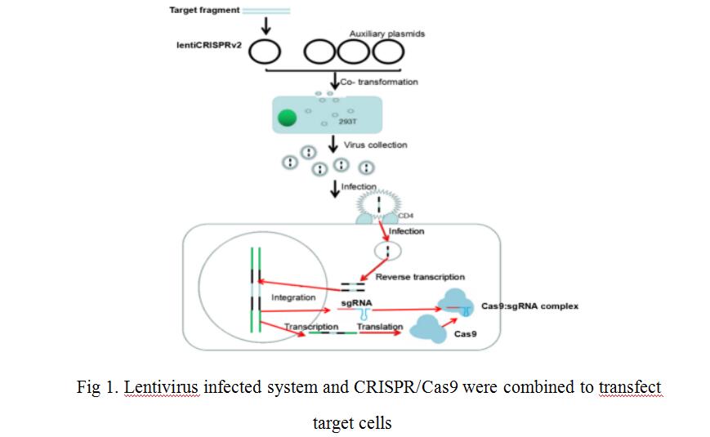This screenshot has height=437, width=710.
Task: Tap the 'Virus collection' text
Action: (375, 145)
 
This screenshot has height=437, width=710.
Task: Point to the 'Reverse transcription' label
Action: (420, 278)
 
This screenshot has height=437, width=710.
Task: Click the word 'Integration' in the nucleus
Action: (293, 298)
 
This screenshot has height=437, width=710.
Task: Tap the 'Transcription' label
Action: (311, 327)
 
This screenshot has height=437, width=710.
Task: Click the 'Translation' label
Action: (380, 327)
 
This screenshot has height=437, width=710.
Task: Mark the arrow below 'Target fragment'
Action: (264, 25)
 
